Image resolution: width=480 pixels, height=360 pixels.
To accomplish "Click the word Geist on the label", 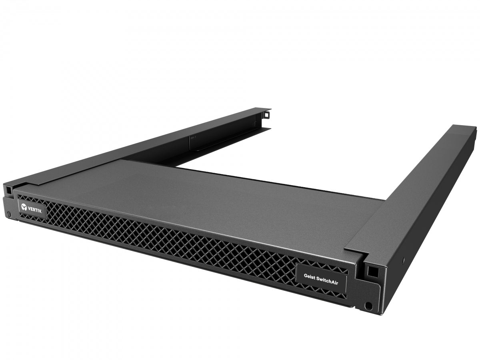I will coord(310,276).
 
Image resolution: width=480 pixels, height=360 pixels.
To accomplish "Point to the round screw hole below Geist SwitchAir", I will coord(368,306).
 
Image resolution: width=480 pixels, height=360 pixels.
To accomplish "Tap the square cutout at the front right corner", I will coord(372,271).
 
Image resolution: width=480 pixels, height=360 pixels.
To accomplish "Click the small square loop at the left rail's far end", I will coord(266,115).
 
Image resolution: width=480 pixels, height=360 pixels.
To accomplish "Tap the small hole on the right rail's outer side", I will coord(403,260).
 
